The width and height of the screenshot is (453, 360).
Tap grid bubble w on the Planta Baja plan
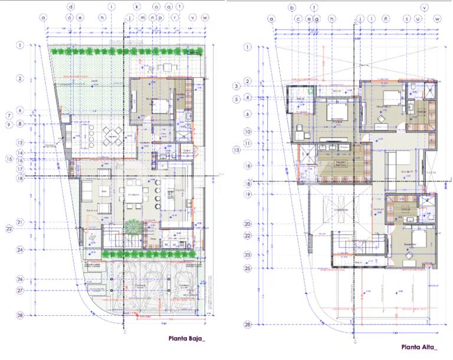(205, 18)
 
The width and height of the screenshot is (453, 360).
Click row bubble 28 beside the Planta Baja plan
(19, 315)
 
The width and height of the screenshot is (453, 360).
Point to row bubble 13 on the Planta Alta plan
(237, 150)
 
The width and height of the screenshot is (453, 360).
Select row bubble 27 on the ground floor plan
(19, 290)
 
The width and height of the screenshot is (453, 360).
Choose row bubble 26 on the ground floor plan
(19, 279)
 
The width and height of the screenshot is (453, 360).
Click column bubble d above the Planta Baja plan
(71, 7)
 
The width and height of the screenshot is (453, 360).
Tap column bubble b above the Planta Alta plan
(291, 8)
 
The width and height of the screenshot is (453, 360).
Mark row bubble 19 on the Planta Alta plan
(248, 194)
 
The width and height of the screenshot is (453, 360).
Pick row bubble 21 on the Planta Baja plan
(19, 222)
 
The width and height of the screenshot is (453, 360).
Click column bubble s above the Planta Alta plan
(407, 19)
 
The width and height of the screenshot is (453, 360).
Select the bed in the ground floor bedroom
(160, 107)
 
